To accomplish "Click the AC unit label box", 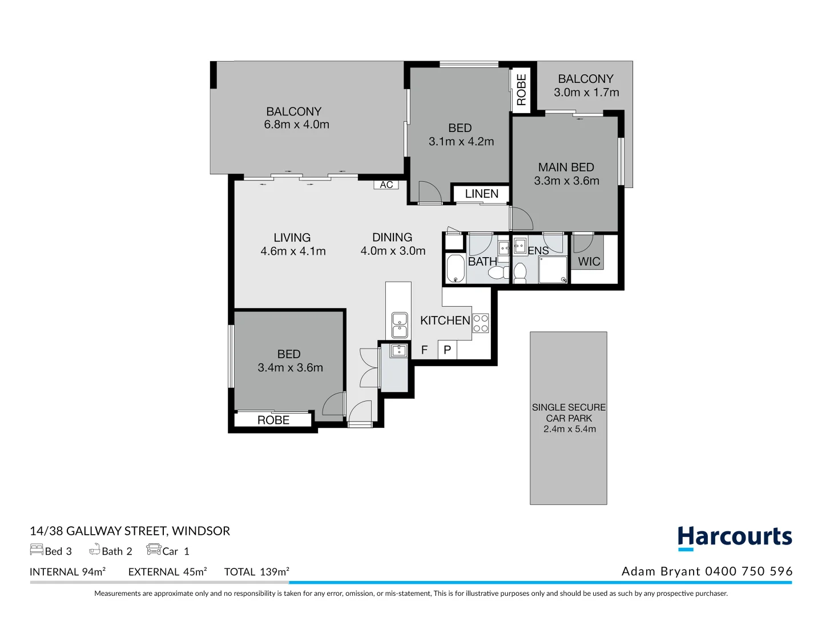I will (x=386, y=185).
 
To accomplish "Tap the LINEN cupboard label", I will (x=481, y=194).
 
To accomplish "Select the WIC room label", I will (x=589, y=262).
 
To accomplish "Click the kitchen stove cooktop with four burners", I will (x=481, y=323).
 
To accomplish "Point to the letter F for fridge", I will (x=424, y=350).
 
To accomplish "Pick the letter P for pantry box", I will (x=448, y=350).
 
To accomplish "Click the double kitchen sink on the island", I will (x=400, y=324).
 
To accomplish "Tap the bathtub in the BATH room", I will (x=455, y=269).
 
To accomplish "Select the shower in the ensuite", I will (x=553, y=270).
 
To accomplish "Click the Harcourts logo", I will (x=735, y=538).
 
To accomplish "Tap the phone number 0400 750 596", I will (x=748, y=571).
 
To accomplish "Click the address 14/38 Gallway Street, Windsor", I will (x=130, y=531).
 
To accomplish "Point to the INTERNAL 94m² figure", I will (x=67, y=572).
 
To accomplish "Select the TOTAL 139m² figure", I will (x=256, y=572).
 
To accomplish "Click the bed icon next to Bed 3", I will (x=37, y=550).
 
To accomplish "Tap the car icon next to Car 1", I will (x=154, y=550).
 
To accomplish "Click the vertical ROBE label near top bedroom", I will (x=521, y=90).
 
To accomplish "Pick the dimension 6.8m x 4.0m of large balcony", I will (x=296, y=125).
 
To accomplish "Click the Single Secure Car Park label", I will (x=569, y=418).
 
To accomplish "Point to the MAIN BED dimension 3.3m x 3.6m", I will (x=566, y=181).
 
